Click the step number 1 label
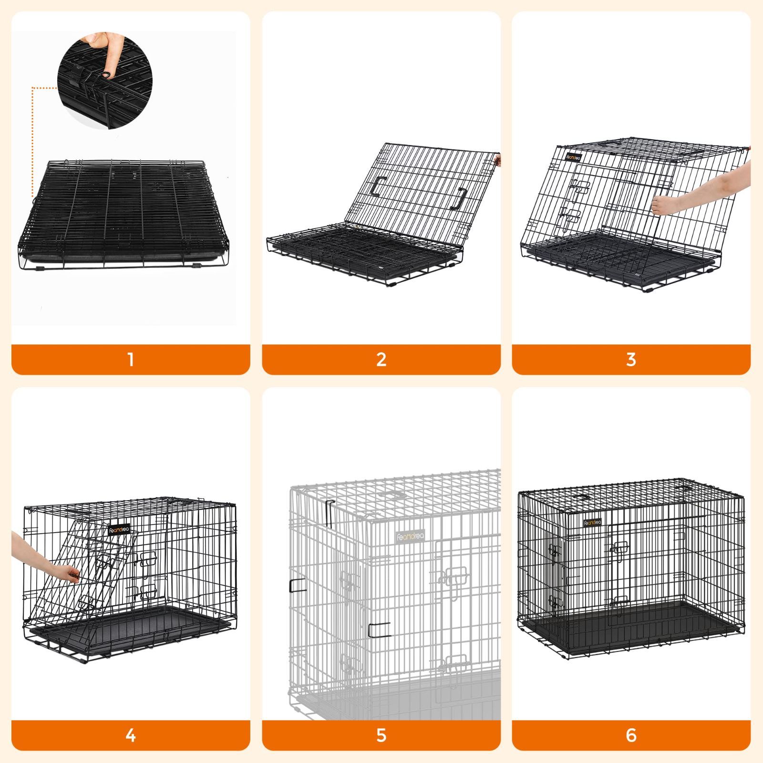[131, 359]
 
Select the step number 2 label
[381, 359]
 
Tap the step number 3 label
[631, 359]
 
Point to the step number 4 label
[131, 735]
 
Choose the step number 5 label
[381, 735]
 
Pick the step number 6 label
[631, 735]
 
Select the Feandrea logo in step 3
[574, 157]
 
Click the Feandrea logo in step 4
[119, 529]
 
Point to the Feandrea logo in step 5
[410, 536]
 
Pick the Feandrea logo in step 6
[593, 523]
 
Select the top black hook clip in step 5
[329, 514]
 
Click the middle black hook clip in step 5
[298, 586]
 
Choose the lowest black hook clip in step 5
[379, 629]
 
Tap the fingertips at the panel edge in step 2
[498, 159]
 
